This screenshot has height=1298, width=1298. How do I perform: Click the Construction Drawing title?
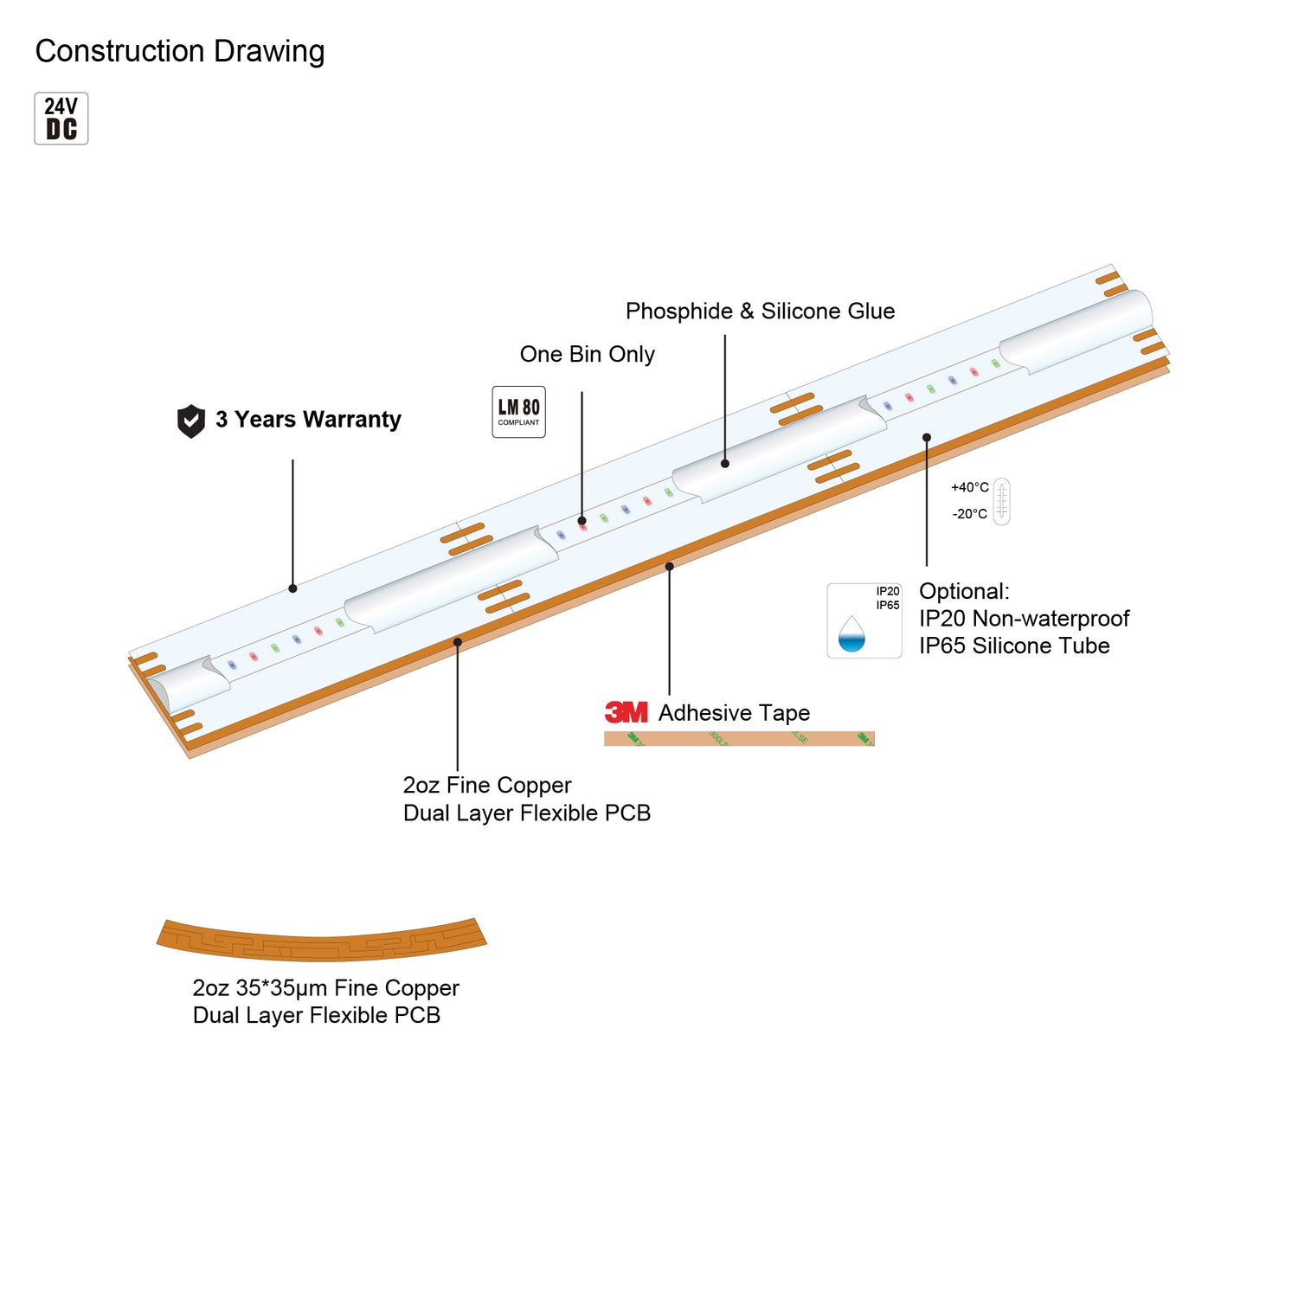(180, 51)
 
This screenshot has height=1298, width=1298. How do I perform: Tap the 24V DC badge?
(61, 119)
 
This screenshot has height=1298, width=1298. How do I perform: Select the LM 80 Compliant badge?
(518, 412)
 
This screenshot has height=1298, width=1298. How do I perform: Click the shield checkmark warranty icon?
(190, 421)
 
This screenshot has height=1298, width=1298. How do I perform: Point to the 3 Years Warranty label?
(308, 420)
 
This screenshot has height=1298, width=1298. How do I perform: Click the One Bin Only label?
(587, 354)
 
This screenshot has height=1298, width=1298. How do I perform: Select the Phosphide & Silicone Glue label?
(760, 311)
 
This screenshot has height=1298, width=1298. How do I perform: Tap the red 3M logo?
(627, 712)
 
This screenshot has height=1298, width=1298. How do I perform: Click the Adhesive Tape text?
(734, 713)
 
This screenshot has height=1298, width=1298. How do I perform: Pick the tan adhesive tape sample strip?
(739, 738)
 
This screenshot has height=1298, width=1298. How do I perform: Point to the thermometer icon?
(1001, 501)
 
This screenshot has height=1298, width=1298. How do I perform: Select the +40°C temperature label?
(969, 487)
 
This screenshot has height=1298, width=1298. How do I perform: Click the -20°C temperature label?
(969, 514)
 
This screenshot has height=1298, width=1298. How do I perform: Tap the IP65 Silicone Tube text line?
(1014, 646)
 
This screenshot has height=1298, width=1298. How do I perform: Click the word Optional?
(963, 591)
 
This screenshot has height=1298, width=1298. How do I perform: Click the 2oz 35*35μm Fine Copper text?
(325, 988)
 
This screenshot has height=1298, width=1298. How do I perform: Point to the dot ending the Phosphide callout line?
(725, 464)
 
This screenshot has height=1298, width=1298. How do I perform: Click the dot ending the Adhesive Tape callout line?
(669, 567)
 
